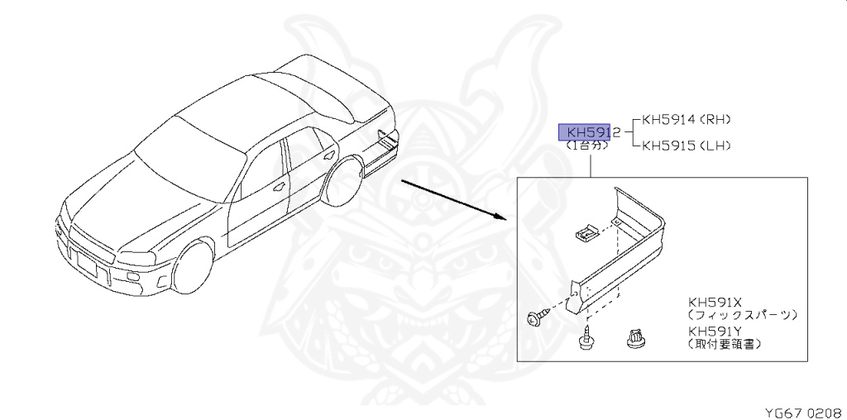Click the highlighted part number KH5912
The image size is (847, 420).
pos(589,132)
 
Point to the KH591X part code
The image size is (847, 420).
pos(715,302)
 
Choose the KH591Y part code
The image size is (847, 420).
pos(715,331)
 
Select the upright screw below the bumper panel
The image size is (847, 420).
pos(589,339)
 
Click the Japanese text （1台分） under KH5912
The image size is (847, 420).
pos(586,146)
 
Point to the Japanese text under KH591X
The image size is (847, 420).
pos(742,315)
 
